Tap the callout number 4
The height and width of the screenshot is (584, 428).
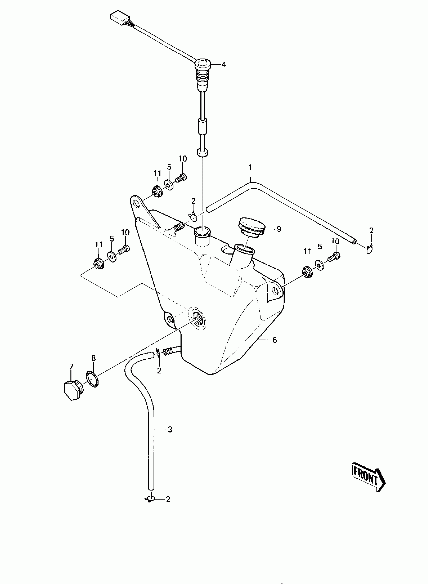point(224,65)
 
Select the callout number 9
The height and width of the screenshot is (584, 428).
point(279,229)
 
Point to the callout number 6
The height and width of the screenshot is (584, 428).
point(275,340)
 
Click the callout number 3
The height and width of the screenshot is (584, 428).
point(170,430)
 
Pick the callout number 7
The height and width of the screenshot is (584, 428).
point(71,366)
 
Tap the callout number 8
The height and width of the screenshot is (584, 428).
point(93,358)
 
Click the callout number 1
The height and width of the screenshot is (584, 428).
point(250,167)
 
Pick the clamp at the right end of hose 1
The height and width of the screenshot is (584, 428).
point(370,249)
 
